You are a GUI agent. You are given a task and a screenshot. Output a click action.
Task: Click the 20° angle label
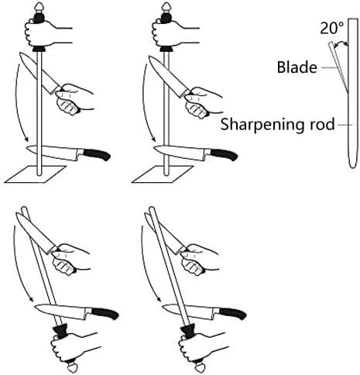click(332, 28)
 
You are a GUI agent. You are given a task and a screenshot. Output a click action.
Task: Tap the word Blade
click(297, 67)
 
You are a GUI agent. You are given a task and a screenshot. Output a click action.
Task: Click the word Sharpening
click(260, 125)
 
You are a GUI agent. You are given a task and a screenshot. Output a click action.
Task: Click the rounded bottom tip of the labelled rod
click(353, 167)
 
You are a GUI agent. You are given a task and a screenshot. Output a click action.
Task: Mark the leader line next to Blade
click(330, 67)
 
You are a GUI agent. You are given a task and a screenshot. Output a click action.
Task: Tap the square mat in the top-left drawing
click(36, 174)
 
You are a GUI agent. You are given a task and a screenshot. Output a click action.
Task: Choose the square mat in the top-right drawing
click(163, 174)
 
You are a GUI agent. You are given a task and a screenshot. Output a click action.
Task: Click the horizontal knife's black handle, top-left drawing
click(97, 154)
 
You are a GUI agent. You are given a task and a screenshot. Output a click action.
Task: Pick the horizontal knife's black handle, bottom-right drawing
click(233, 313)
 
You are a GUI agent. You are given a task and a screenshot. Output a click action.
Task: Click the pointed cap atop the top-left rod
click(39, 6)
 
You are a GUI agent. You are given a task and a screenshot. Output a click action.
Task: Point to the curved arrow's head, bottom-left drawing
click(31, 300)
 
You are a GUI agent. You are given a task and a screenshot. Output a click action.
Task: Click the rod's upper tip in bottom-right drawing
click(152, 208)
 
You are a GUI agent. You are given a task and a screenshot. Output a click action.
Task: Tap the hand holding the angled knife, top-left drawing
click(72, 99)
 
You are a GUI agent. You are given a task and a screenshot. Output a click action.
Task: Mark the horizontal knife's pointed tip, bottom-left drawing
click(36, 307)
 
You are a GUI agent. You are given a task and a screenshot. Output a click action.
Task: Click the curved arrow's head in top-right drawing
click(154, 139)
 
